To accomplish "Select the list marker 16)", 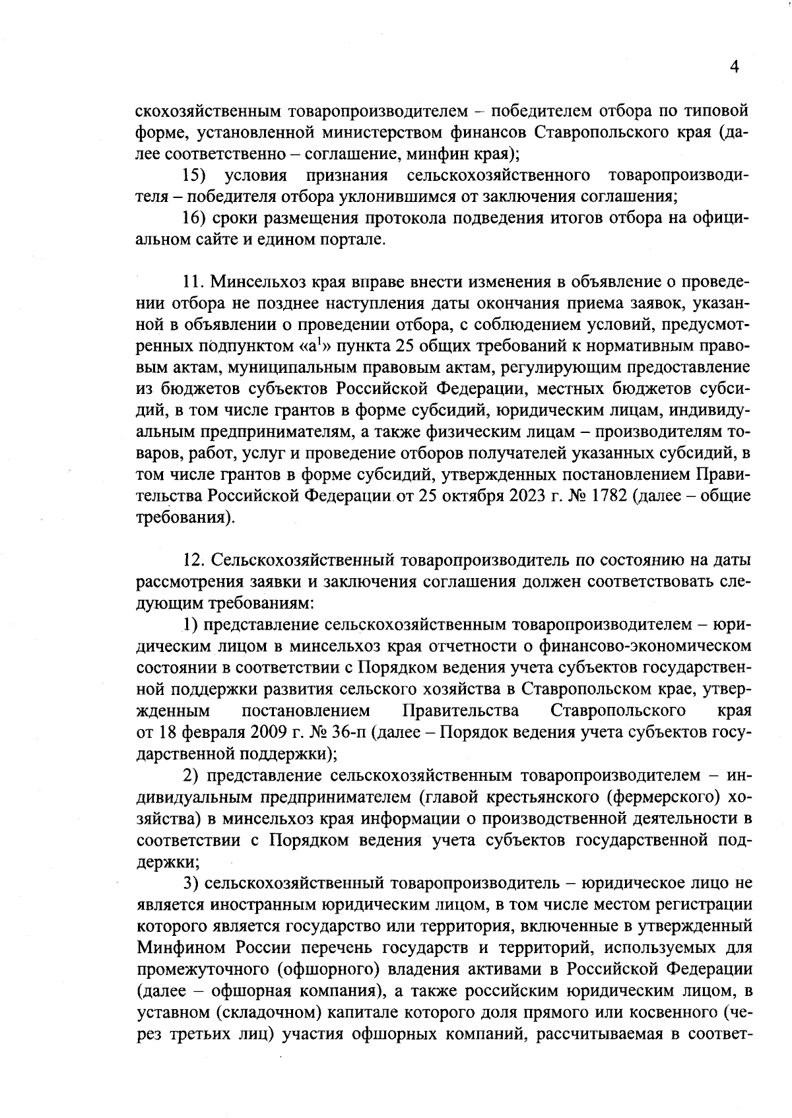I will click(x=196, y=218).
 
